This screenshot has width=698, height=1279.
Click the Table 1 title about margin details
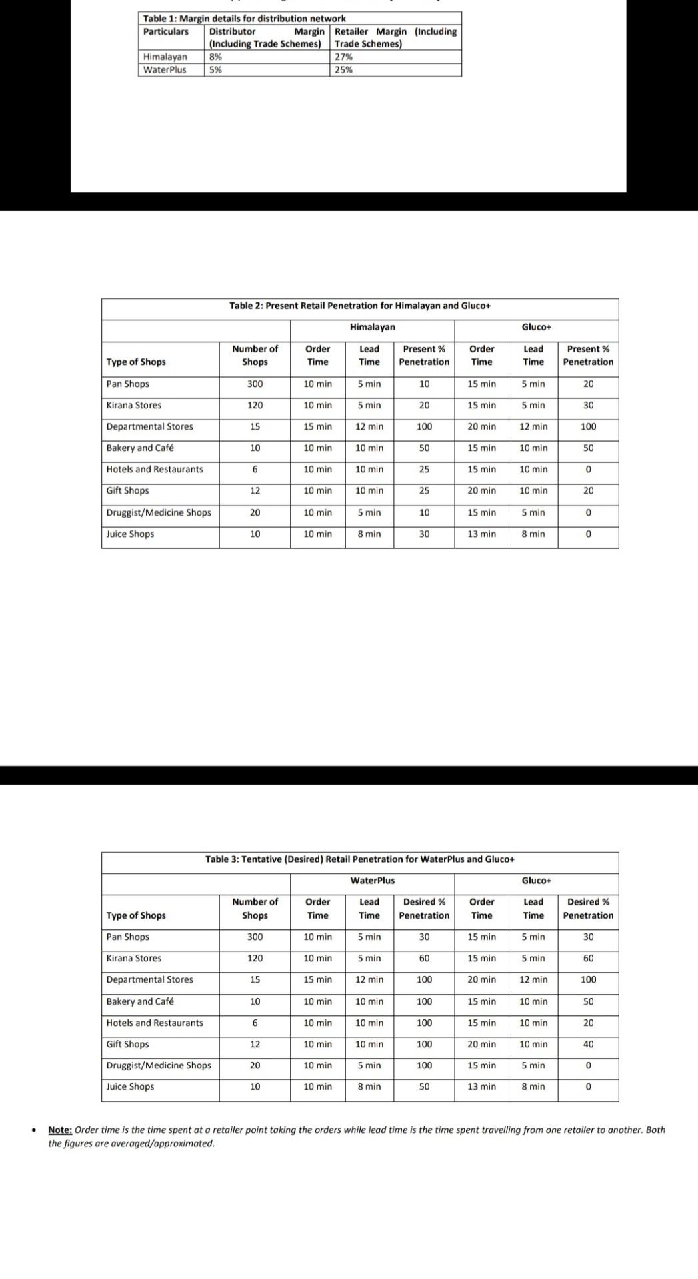(244, 19)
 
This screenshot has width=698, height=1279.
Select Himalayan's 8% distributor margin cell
(215, 57)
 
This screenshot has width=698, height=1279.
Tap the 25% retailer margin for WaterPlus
(343, 70)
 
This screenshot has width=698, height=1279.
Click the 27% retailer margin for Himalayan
(343, 57)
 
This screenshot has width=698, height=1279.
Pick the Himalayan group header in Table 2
(372, 327)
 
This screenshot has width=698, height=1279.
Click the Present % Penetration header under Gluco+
(588, 356)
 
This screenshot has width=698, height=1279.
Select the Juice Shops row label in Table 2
(130, 534)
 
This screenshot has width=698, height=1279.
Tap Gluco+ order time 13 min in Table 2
(481, 534)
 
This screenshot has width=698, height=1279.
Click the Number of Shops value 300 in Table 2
(255, 384)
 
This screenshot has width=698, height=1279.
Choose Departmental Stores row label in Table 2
(149, 427)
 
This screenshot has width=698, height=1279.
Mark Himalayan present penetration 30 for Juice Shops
(424, 534)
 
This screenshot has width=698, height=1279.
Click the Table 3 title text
(360, 859)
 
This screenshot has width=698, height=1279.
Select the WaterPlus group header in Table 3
(372, 881)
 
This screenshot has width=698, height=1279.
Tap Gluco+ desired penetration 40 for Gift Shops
(588, 1045)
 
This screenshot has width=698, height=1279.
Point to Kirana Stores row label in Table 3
(134, 959)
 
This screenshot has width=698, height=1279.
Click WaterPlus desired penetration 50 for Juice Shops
(424, 1087)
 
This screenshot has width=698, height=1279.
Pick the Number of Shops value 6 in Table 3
(255, 1023)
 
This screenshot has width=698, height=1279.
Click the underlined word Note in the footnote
(60, 1130)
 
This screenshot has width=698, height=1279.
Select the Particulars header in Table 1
(166, 32)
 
